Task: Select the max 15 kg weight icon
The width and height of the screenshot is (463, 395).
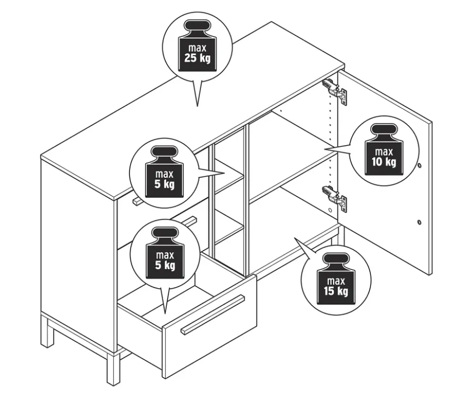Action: [x=336, y=278]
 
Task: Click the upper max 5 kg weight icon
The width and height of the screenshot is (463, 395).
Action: [x=165, y=172]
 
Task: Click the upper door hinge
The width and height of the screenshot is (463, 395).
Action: [x=335, y=90]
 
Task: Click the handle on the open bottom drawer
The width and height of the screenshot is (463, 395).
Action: [x=213, y=315]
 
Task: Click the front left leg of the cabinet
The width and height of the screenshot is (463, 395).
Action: [x=114, y=369]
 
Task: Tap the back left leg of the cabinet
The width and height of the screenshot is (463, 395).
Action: [x=47, y=331]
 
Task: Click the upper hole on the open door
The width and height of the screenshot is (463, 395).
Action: [x=420, y=166]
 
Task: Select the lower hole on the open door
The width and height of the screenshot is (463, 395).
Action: [x=419, y=222]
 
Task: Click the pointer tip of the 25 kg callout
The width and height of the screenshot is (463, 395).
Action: [x=197, y=106]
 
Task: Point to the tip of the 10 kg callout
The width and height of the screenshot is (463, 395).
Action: [x=325, y=149]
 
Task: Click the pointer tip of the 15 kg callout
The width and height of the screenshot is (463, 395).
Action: [x=294, y=237]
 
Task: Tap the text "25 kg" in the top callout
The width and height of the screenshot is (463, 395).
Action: [x=197, y=58]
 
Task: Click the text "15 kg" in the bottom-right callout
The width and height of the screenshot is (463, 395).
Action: [x=336, y=291]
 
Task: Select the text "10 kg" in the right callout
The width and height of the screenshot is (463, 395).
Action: [x=384, y=161]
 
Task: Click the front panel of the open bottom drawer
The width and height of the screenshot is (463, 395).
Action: [x=209, y=326]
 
